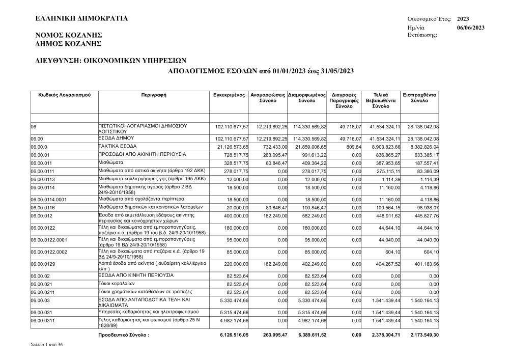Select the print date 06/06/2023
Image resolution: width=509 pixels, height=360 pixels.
coord(470,27)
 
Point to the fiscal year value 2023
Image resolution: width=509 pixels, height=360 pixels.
coord(463,19)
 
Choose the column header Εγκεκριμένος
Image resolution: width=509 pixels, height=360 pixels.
coord(229,95)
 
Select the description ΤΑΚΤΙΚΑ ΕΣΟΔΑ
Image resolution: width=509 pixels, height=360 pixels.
coord(117,146)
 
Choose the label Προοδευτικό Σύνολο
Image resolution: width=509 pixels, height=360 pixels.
coord(124,335)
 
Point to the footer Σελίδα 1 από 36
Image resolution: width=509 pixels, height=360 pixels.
coord(47,345)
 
